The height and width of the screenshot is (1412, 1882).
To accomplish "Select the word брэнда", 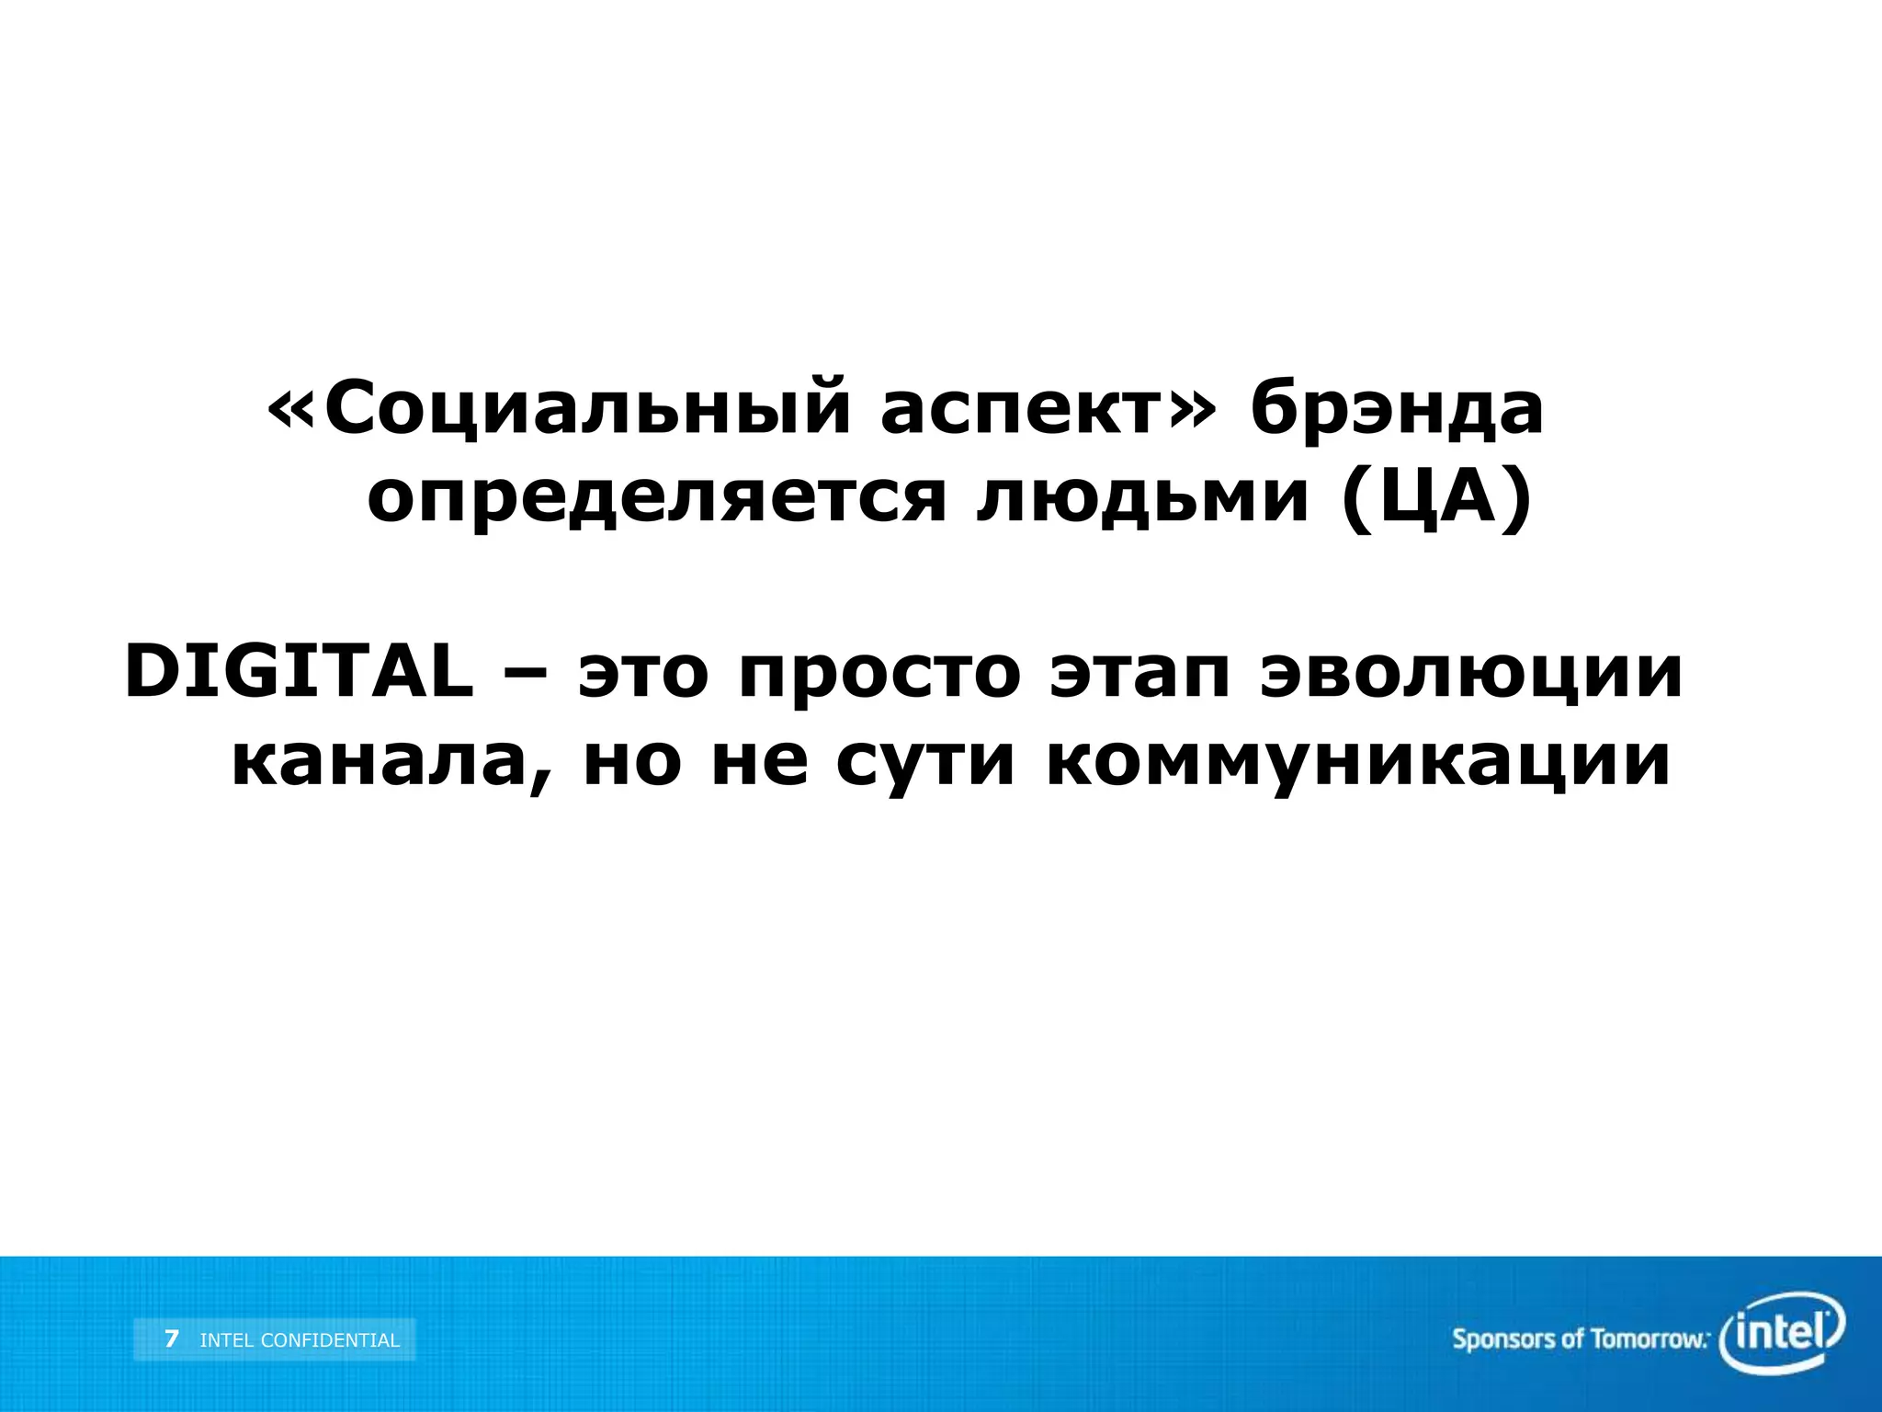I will pyautogui.click(x=1397, y=410).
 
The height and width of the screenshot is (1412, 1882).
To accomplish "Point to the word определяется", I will pyautogui.click(x=657, y=501).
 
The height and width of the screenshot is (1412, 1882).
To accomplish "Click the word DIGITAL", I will pyautogui.click(x=299, y=672).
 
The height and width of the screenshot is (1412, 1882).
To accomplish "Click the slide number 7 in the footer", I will pyautogui.click(x=172, y=1339).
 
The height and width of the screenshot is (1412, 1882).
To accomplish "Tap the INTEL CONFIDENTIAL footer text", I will pyautogui.click(x=300, y=1340).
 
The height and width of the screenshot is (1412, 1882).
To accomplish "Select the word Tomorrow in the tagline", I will pyautogui.click(x=1649, y=1339).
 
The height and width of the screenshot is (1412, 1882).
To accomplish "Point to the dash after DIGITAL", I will pyautogui.click(x=526, y=674).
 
